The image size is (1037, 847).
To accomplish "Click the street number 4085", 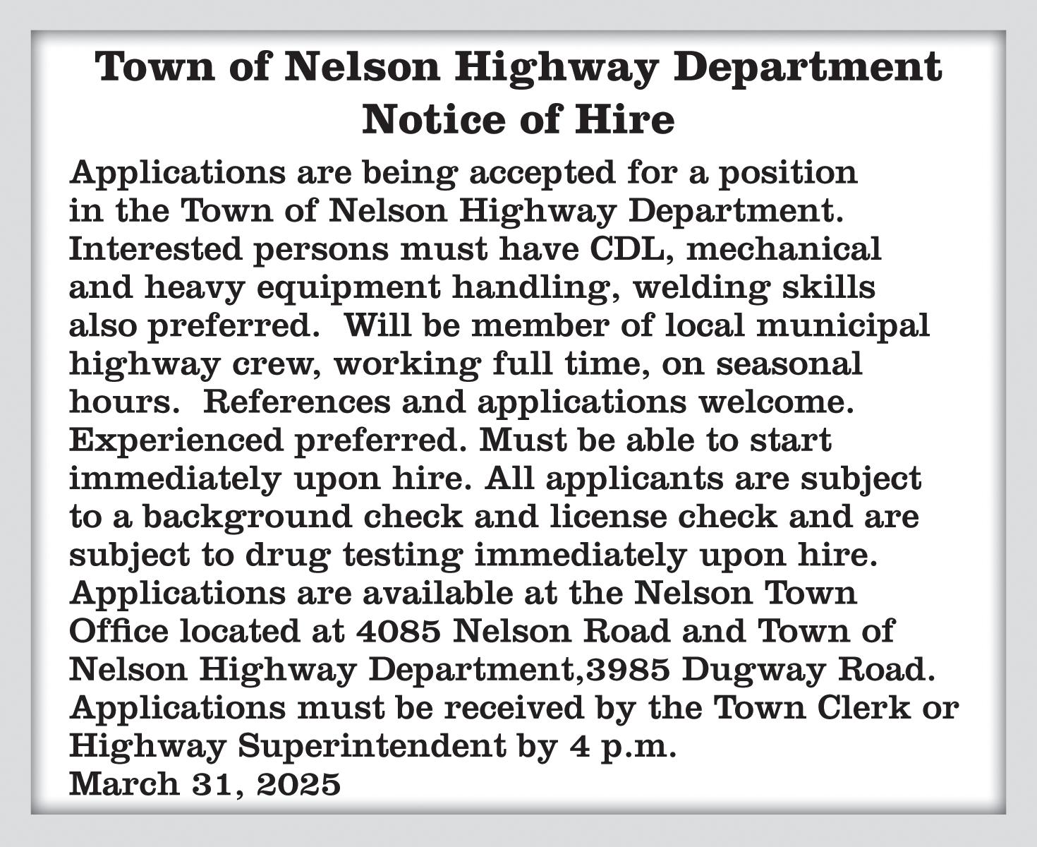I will click(x=399, y=631).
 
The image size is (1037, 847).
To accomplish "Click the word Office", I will click(x=119, y=630).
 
